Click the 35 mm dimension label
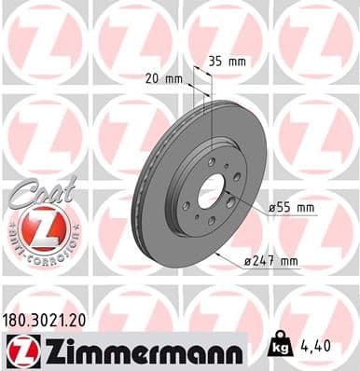point(227,62)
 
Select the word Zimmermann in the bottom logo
point(141,350)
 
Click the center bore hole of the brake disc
point(211,186)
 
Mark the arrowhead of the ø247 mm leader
point(215,252)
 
